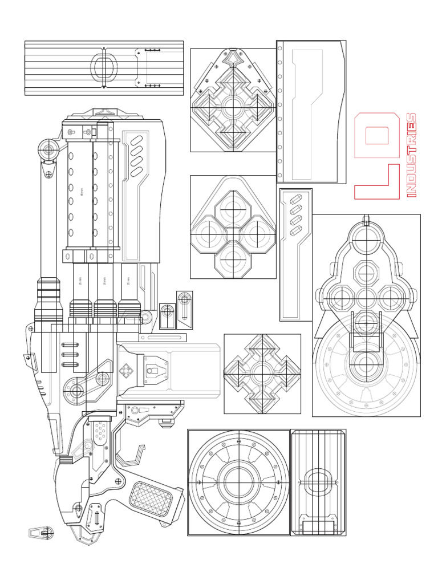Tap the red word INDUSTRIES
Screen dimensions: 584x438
tap(411, 155)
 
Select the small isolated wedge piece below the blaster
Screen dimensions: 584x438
tap(41, 533)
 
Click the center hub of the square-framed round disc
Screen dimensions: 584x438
tap(239, 482)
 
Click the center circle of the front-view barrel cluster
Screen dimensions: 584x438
tap(366, 297)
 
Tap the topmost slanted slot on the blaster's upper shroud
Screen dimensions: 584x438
tap(137, 140)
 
